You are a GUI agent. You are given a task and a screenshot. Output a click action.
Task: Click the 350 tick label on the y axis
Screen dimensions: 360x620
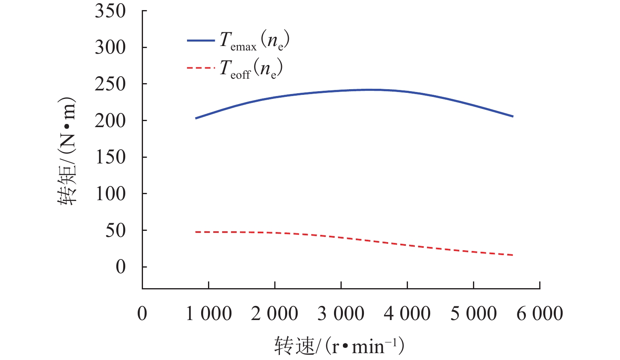coord(110,11)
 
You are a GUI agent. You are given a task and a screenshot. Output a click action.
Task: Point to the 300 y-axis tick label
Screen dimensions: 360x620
coord(110,48)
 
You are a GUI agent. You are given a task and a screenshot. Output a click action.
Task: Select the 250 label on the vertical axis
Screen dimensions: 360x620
coord(110,84)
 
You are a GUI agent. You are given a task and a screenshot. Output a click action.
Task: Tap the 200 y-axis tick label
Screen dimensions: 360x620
coord(110,121)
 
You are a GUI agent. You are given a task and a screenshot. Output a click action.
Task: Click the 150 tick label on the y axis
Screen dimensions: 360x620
coord(110,157)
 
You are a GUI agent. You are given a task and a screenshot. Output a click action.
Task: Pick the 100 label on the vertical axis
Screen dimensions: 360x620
coord(110,194)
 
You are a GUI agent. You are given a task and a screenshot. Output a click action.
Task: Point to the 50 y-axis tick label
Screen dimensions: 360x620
coord(116,231)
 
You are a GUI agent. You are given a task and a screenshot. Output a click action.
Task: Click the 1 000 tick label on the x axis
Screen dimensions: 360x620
coord(209,314)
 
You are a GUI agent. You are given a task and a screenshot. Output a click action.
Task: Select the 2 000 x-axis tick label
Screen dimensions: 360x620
coord(275,314)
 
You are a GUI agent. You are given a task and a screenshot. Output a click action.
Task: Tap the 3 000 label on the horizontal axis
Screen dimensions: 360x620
coord(341,314)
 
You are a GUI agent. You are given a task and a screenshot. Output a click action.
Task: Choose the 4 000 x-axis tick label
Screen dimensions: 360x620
coord(407,314)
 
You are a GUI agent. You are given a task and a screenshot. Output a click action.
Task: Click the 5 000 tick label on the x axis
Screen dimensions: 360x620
coord(473,314)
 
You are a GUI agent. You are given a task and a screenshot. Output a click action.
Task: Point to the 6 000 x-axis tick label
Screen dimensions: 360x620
coord(540,314)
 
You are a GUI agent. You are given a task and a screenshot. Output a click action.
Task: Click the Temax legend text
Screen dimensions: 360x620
coord(254,41)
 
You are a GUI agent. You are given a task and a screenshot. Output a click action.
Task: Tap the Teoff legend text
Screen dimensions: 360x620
coord(251,69)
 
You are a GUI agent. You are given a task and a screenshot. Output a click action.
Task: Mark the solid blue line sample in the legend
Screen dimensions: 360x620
coord(201,41)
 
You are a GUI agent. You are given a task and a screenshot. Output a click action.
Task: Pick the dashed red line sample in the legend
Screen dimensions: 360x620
coord(201,68)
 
